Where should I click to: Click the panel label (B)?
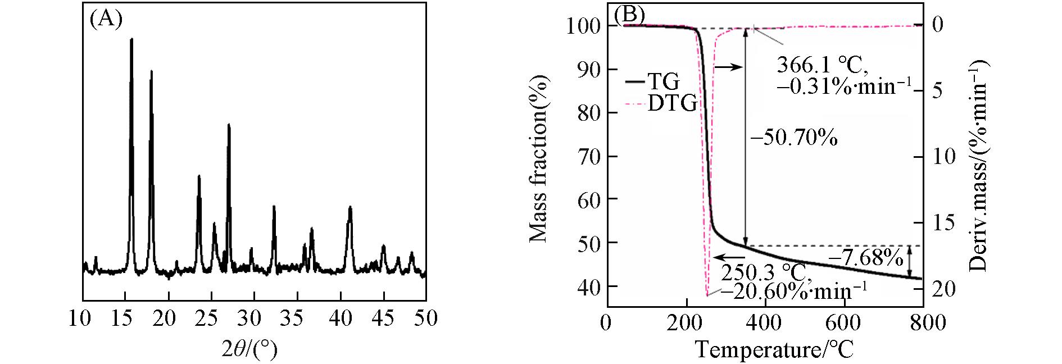pyautogui.click(x=629, y=15)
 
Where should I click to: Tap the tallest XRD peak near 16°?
pyautogui.click(x=131, y=39)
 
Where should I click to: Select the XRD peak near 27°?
pyautogui.click(x=229, y=125)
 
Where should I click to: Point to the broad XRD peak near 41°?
pyautogui.click(x=350, y=208)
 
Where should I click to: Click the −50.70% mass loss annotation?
pyautogui.click(x=793, y=138)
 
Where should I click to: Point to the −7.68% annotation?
pyautogui.click(x=866, y=258)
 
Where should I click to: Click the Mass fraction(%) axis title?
pyautogui.click(x=538, y=159)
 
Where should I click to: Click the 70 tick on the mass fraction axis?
pyautogui.click(x=588, y=156)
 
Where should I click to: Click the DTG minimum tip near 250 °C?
pyautogui.click(x=707, y=295)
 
